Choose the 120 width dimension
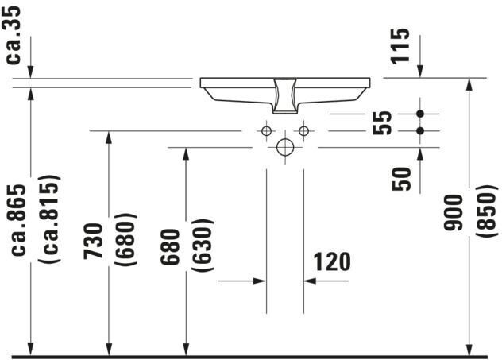[331, 261]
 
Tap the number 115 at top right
[402, 46]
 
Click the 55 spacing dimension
[384, 122]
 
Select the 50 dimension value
[403, 178]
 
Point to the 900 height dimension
[453, 214]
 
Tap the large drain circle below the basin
[284, 147]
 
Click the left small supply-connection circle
[266, 130]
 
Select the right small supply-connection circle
[303, 130]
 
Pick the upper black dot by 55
[421, 114]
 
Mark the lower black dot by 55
[421, 130]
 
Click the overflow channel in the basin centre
[284, 94]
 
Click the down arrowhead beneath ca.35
[29, 72]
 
